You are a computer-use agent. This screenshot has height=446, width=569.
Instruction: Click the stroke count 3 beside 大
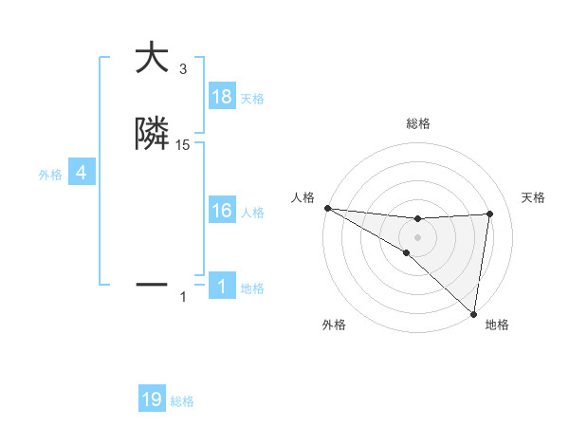coord(183,69)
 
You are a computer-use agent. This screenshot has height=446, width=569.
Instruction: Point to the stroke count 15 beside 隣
coord(183,144)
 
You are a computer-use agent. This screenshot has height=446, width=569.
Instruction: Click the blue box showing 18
coord(222,97)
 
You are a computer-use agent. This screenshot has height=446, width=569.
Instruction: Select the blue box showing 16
coord(222,211)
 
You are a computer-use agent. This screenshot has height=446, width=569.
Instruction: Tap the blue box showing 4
coord(82,173)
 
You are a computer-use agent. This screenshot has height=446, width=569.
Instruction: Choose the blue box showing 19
coord(152,400)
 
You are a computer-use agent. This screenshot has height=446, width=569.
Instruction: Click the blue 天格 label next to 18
coord(252,99)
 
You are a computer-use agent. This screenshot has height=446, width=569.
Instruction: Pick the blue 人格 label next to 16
coord(252,213)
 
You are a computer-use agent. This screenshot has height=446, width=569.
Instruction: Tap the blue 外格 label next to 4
coord(49,175)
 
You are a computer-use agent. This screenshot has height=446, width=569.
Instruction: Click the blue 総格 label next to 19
coord(182,401)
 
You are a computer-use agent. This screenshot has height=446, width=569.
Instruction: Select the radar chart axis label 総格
coord(417,123)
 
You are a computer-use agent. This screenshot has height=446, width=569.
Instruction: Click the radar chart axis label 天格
coord(534,197)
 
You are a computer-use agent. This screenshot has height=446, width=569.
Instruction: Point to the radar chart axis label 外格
coord(334,325)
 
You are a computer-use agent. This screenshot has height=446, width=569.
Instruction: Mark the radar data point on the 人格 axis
coord(327,208)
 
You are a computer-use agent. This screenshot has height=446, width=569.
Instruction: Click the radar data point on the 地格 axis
coord(473,313)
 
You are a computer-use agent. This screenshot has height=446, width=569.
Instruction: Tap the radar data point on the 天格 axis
coord(489,214)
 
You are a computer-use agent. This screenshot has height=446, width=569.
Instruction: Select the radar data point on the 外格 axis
coord(407,252)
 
